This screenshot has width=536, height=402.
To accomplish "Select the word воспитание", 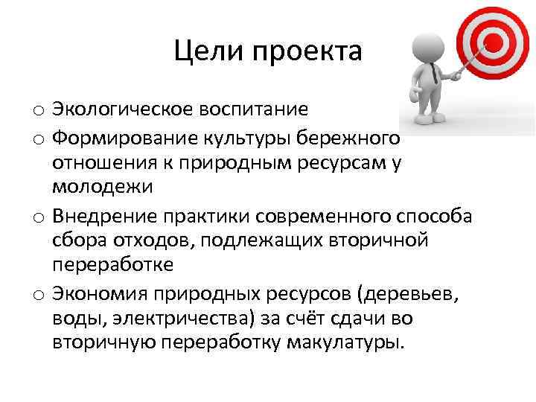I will click(x=262, y=110).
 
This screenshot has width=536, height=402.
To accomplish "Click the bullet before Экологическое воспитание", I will click(x=36, y=112).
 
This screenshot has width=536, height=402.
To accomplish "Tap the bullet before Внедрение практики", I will click(x=36, y=217).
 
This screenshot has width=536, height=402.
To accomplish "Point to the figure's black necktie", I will click(x=433, y=73).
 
